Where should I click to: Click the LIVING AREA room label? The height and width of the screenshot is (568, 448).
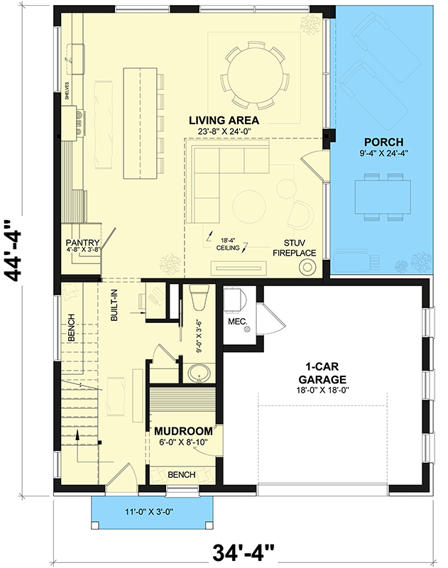[224, 120]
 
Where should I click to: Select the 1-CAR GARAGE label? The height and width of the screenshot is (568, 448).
[325, 373]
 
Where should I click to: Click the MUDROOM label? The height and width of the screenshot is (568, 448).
[184, 431]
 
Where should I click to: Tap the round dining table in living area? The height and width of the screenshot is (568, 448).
[253, 67]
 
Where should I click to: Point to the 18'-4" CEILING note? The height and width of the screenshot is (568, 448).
[228, 244]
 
